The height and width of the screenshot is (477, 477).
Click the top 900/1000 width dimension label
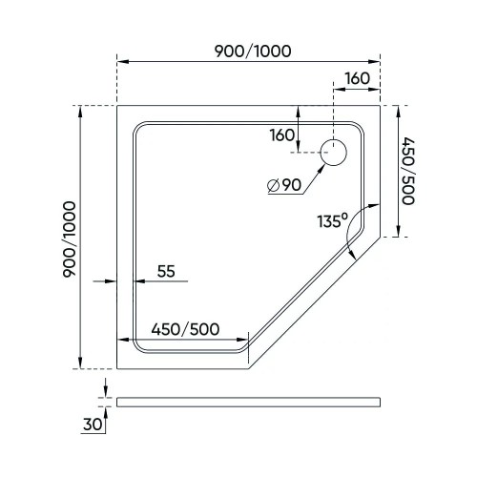coord(253,52)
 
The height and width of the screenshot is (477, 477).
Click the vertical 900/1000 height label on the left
coord(70,239)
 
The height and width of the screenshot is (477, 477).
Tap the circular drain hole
coord(333,153)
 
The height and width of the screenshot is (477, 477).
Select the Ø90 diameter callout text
coord(284,185)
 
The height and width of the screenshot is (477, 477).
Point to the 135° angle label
coord(333,220)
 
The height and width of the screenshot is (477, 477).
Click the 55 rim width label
coord(166,271)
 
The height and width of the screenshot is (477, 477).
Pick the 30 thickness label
coord(93,424)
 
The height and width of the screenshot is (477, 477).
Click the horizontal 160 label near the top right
coord(358,78)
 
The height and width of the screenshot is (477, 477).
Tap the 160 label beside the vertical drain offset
coord(282,135)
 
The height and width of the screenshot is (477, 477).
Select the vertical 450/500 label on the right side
coord(408,171)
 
